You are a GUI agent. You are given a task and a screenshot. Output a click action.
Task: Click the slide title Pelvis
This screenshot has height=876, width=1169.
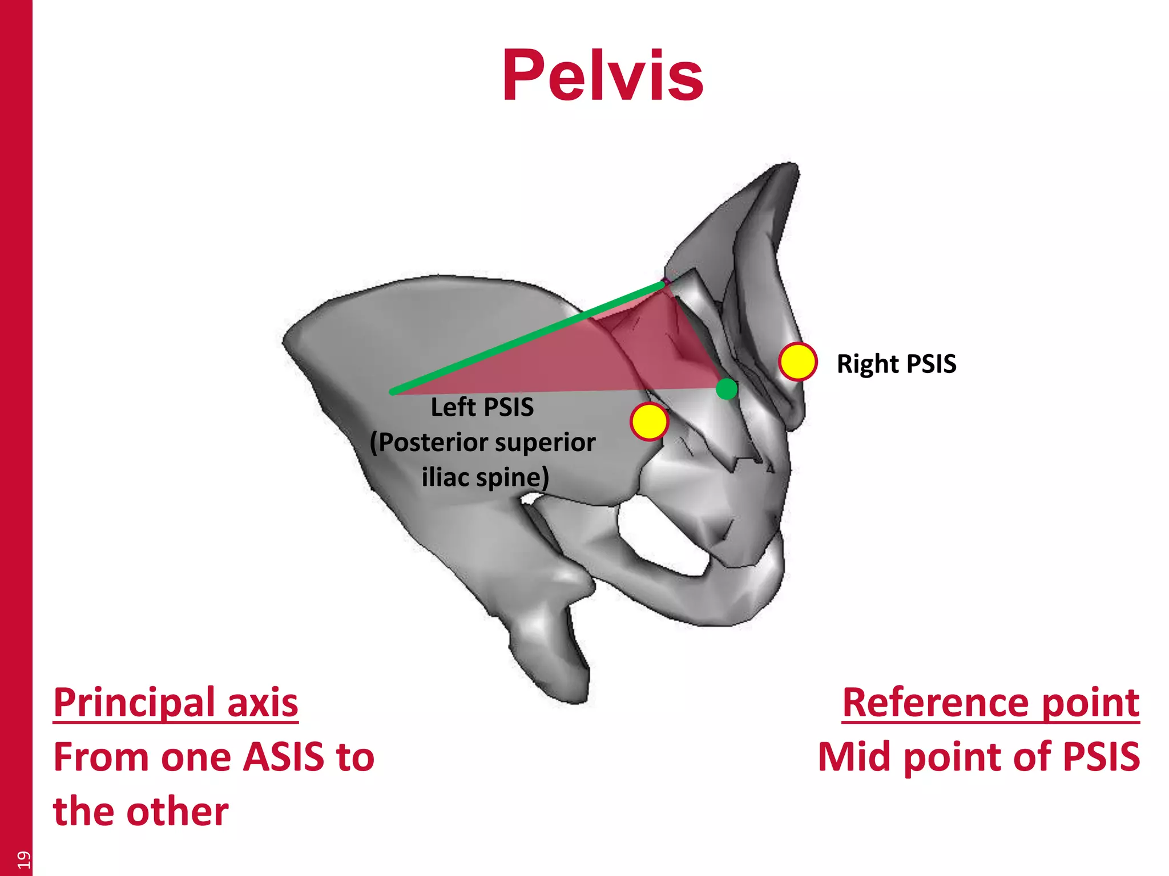pyautogui.click(x=602, y=76)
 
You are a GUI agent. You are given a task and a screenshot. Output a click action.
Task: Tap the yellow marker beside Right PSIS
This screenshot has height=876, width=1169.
pyautogui.click(x=797, y=362)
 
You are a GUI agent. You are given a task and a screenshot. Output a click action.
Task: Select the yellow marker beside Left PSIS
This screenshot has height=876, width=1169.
pyautogui.click(x=649, y=421)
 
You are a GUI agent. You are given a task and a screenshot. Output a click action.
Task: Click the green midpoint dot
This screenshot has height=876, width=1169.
pyautogui.click(x=727, y=389)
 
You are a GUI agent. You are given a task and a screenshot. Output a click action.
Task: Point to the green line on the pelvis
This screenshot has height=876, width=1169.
pyautogui.click(x=525, y=336)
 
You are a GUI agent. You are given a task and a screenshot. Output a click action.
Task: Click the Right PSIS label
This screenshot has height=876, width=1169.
pyautogui.click(x=896, y=364)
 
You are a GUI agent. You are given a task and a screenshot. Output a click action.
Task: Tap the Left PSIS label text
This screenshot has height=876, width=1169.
pyautogui.click(x=482, y=407)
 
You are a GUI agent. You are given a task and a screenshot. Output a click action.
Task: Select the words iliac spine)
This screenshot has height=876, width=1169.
pyautogui.click(x=485, y=477)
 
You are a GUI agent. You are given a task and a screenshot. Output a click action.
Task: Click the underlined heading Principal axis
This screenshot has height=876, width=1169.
pyautogui.click(x=176, y=703)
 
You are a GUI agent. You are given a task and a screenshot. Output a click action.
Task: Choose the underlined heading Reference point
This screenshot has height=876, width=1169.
pyautogui.click(x=990, y=703)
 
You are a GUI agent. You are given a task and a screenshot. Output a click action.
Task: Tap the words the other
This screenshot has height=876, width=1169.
pyautogui.click(x=141, y=812)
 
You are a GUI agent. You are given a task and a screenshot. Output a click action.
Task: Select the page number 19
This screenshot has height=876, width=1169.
pyautogui.click(x=23, y=859)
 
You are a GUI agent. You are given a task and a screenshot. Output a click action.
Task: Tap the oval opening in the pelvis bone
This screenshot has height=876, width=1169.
pyautogui.click(x=662, y=536)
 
